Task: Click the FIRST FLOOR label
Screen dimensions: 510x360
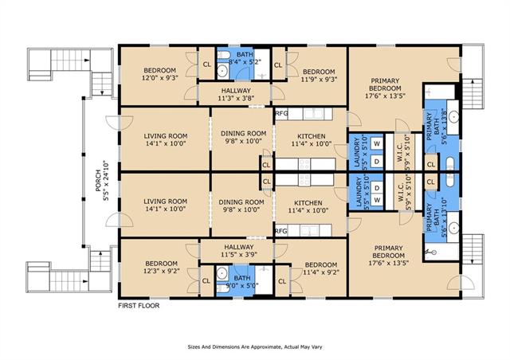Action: [x=139, y=306]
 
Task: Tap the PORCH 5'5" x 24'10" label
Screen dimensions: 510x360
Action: [x=102, y=181]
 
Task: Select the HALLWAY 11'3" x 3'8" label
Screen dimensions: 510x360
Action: [x=236, y=94]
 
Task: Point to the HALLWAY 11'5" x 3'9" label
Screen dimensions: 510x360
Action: [x=239, y=251]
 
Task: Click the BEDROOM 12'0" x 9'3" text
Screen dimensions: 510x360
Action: [x=159, y=74]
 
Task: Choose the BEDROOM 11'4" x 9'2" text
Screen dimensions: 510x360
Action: [x=321, y=268]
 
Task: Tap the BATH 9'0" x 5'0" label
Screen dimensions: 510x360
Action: [x=242, y=282]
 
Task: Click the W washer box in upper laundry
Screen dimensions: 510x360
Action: [x=377, y=143]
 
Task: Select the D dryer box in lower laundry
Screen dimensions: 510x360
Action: [x=377, y=188]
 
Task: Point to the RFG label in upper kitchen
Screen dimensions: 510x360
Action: [x=281, y=114]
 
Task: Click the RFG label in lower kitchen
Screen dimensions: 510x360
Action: [x=281, y=231]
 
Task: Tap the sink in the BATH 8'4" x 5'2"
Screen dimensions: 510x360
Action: [x=222, y=70]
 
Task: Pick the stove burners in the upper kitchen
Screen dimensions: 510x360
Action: [x=304, y=164]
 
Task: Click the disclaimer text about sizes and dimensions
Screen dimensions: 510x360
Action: [x=255, y=347]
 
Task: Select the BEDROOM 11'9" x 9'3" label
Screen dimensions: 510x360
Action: [x=319, y=76]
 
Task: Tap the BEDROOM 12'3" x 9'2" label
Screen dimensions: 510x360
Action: [x=161, y=267]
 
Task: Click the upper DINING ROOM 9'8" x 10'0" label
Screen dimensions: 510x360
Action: [x=243, y=137]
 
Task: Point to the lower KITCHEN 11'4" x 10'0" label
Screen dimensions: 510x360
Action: [x=308, y=206]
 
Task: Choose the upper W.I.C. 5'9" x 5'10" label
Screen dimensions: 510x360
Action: [x=403, y=153]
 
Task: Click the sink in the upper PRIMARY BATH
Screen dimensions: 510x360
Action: [x=453, y=117]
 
